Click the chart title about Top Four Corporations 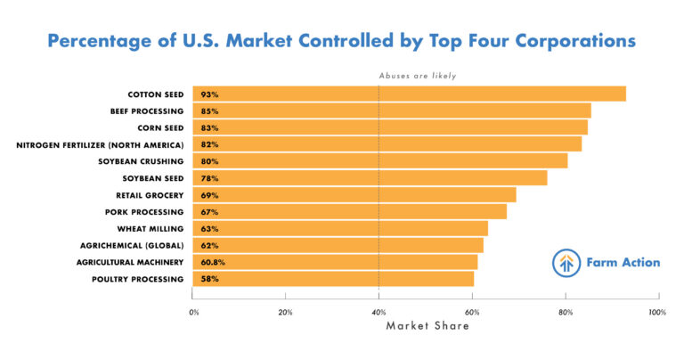342,41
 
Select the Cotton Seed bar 410,94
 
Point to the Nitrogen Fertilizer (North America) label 100,144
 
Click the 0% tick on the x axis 194,313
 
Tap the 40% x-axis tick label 379,313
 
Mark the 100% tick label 657,313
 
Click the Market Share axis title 427,326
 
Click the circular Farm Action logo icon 565,263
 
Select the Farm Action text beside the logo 623,263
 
